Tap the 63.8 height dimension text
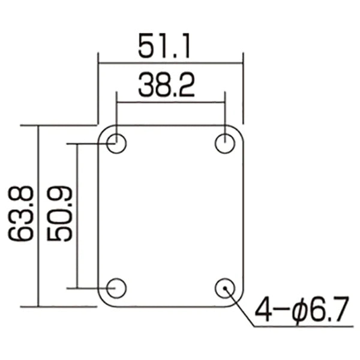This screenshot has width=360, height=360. (23, 214)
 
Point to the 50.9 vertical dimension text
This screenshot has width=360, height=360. (60, 214)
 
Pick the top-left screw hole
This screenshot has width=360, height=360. (116, 144)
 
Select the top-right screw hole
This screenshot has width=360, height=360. (225, 144)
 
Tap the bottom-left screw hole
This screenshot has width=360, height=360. (116, 288)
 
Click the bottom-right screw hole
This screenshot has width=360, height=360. (225, 288)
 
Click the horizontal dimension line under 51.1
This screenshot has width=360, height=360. (170, 62)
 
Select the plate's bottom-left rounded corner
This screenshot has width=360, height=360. (102, 302)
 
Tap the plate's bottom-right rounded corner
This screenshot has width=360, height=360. (239, 302)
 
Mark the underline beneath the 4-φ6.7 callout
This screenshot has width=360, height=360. (300, 327)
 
